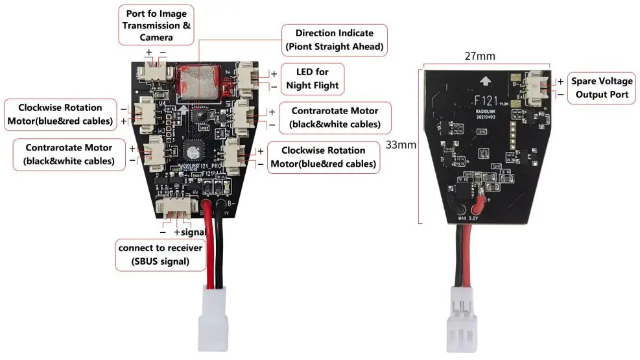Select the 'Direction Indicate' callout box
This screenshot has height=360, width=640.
pyautogui.click(x=335, y=40)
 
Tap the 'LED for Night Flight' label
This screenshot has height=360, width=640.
pyautogui.click(x=317, y=78)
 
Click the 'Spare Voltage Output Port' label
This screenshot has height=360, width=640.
pyautogui.click(x=601, y=88)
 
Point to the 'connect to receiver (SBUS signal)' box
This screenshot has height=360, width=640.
pyautogui.click(x=160, y=255)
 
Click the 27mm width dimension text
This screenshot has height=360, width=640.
pyautogui.click(x=480, y=56)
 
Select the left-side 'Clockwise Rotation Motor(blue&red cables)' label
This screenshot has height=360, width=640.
pyautogui.click(x=60, y=114)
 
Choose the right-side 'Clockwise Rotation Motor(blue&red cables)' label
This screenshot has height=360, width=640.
pyautogui.click(x=324, y=156)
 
